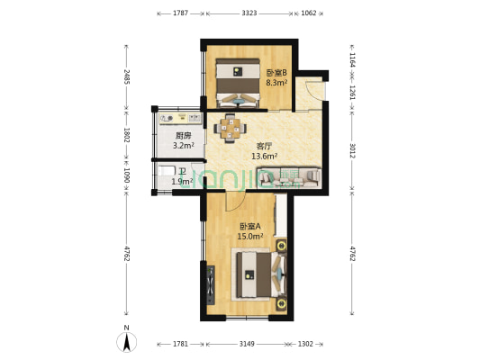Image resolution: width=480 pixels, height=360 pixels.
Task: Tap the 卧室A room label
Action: [x=249, y=226]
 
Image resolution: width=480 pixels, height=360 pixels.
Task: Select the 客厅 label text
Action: [x=264, y=145]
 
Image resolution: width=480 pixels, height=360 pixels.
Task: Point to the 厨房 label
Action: [x=184, y=134]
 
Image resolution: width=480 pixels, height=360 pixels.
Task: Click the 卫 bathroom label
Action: [x=182, y=170]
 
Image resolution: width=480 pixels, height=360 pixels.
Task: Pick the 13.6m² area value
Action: [x=264, y=156]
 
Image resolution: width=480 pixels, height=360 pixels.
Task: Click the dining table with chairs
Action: [x=231, y=129]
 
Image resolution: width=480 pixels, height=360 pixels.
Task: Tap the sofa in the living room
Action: [x=288, y=177]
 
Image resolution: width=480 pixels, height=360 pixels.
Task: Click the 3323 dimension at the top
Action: [x=249, y=13]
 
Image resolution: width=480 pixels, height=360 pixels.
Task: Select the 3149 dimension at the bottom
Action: [x=245, y=343]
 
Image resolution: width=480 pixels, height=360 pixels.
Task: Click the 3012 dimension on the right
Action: [x=352, y=150]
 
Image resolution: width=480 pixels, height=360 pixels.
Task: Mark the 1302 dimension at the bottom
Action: [x=305, y=343]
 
